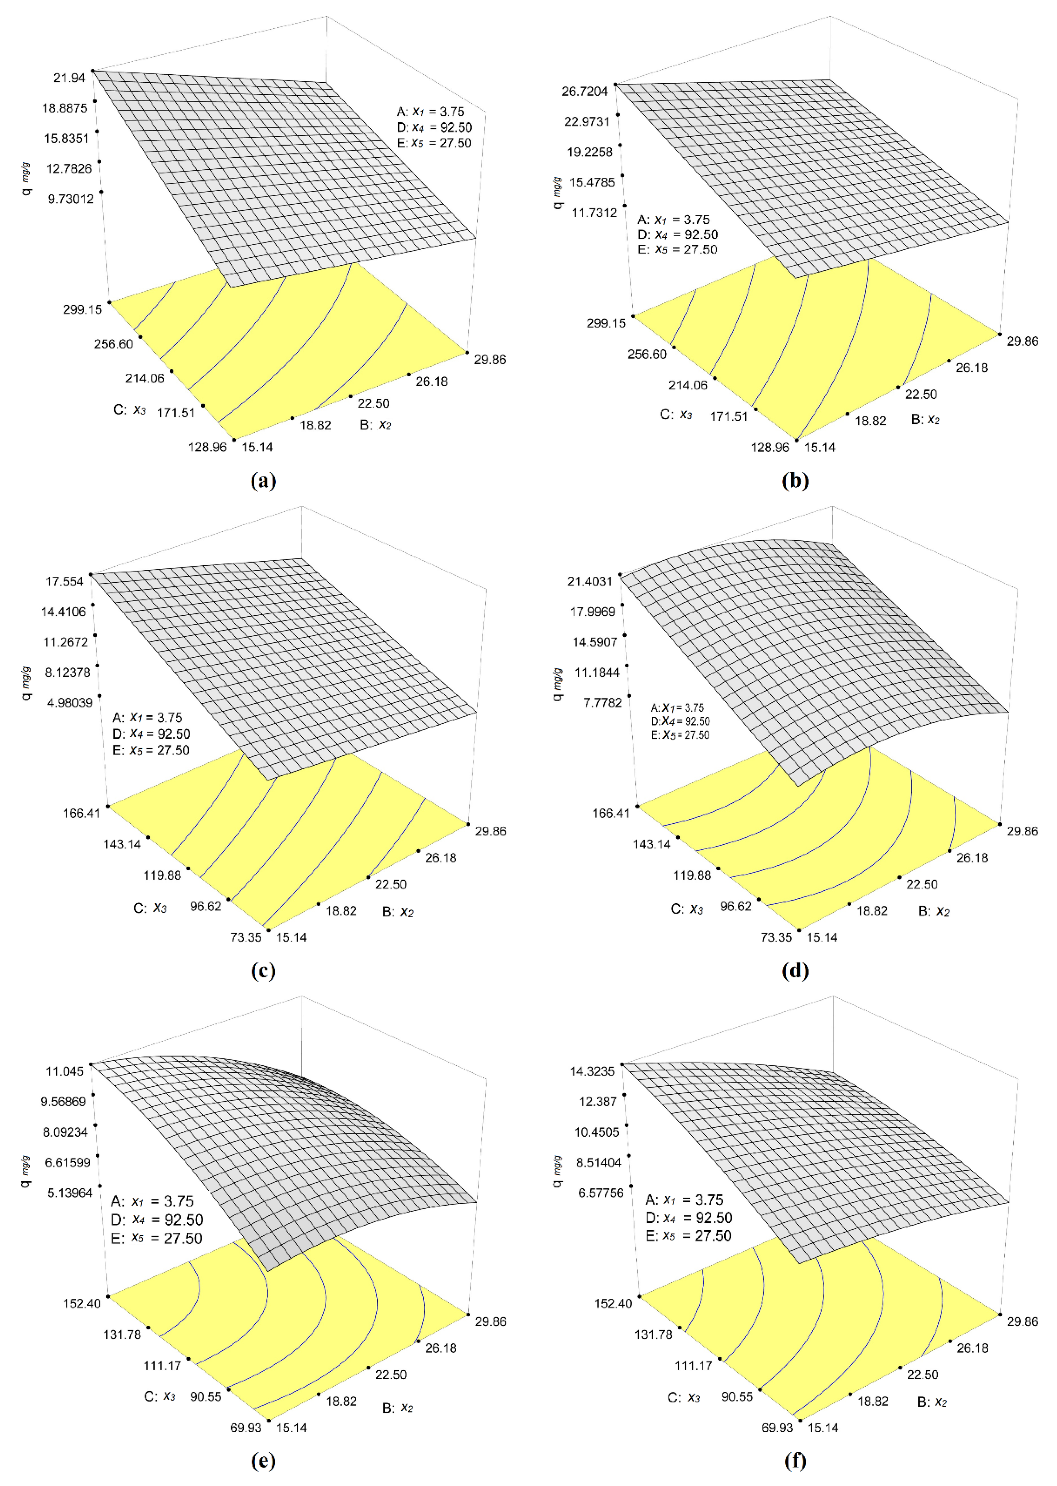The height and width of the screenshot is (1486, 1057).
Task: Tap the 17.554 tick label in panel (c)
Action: tap(64, 581)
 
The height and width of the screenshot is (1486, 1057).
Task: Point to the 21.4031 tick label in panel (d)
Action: tap(590, 581)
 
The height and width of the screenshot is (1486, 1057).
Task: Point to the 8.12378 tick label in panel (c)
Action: tap(68, 672)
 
